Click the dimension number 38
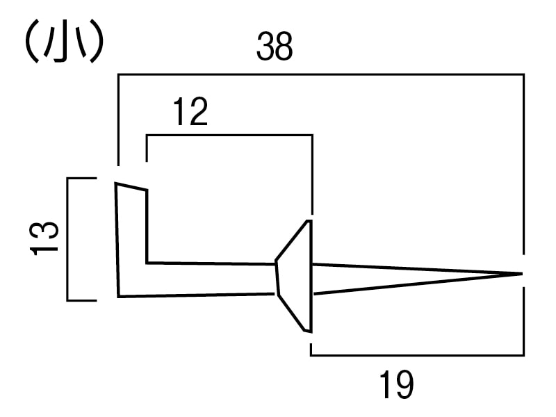pyautogui.click(x=275, y=48)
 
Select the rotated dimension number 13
pyautogui.click(x=45, y=238)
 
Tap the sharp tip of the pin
pyautogui.click(x=521, y=273)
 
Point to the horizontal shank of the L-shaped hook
pyautogui.click(x=208, y=279)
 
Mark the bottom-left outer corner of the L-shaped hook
pyautogui.click(x=119, y=296)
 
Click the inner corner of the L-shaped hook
pyautogui.click(x=147, y=263)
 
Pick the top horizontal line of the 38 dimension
pyautogui.click(x=320, y=74)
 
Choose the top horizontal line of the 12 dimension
pyautogui.click(x=229, y=136)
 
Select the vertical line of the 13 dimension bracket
pyautogui.click(x=68, y=239)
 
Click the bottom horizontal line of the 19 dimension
pyautogui.click(x=417, y=355)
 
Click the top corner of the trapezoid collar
pyautogui.click(x=309, y=221)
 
